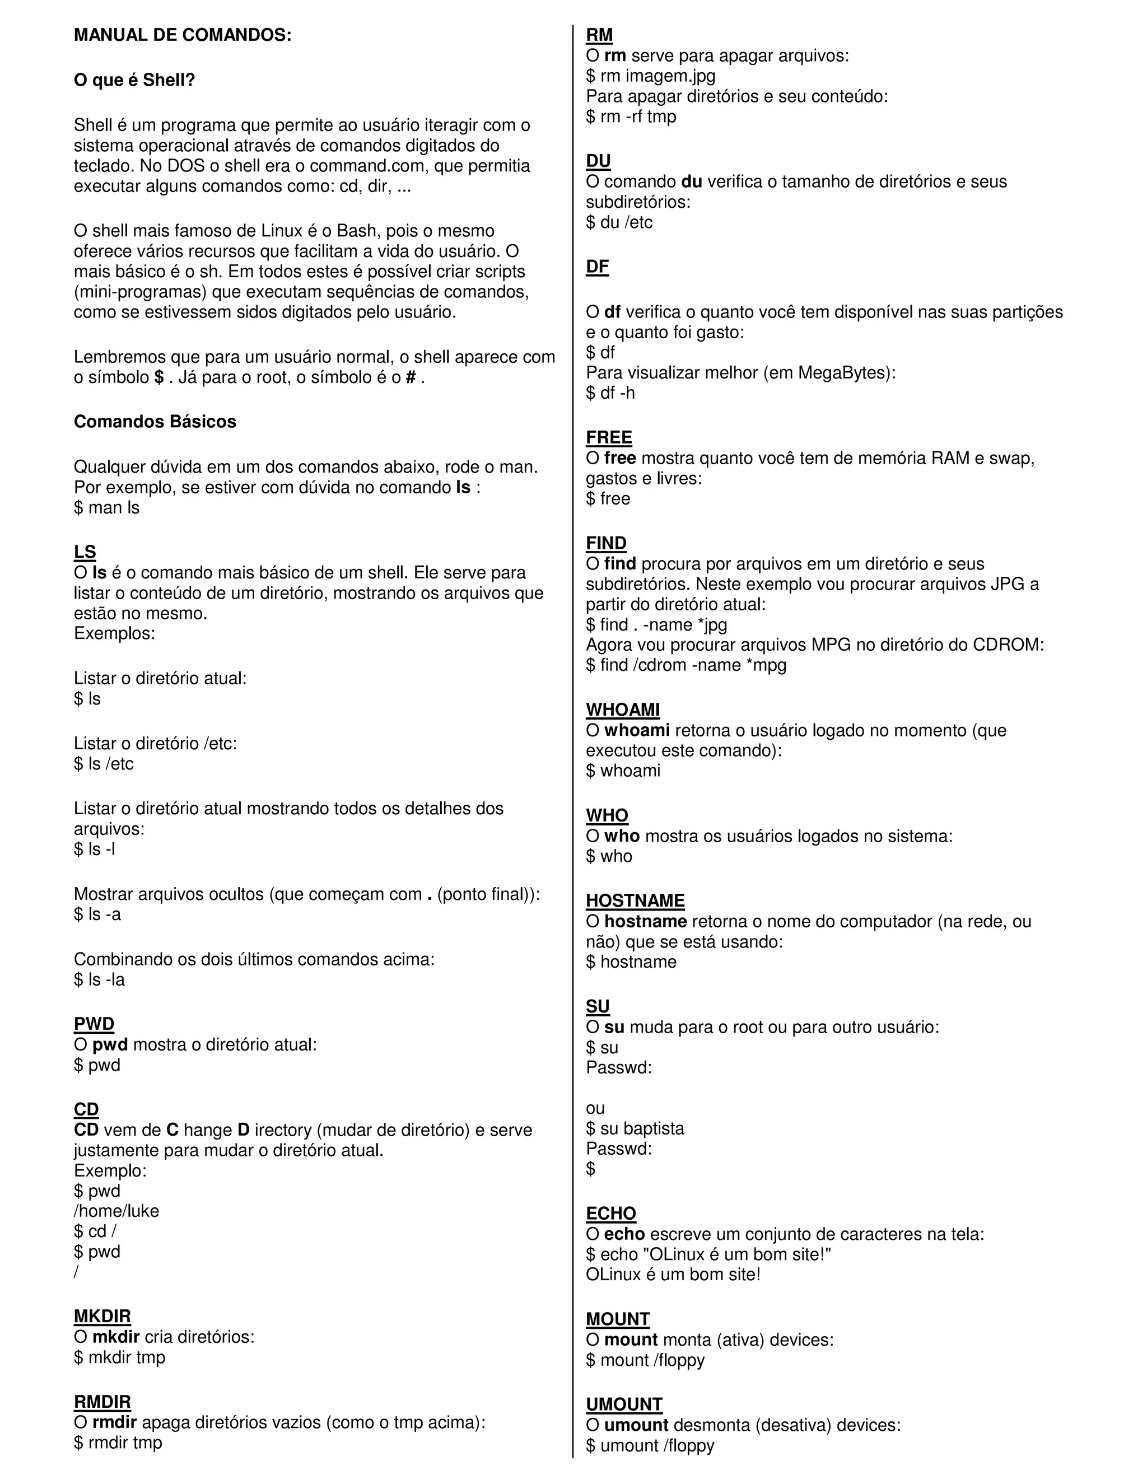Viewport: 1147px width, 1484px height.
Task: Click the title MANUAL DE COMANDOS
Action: [x=182, y=35]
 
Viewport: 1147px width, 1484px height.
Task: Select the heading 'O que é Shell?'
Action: [x=134, y=80]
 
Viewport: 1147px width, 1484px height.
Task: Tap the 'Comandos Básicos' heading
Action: [x=155, y=422]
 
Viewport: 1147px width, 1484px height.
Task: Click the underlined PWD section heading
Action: [x=94, y=1024]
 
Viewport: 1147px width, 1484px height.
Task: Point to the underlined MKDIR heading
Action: [x=102, y=1317]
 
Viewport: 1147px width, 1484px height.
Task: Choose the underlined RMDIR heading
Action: [x=102, y=1402]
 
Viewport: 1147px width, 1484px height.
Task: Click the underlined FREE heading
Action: [x=609, y=437]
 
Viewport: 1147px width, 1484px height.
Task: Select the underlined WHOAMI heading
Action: [x=622, y=710]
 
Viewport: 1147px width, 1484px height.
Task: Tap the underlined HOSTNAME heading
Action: [x=635, y=901]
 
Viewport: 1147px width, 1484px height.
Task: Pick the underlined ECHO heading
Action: [x=611, y=1214]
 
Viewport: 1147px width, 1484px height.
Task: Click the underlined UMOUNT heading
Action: [x=624, y=1404]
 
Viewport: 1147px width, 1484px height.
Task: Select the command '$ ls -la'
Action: [x=99, y=980]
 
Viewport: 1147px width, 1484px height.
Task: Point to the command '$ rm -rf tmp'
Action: [x=631, y=117]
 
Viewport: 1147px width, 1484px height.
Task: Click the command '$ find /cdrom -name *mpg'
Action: [x=686, y=665]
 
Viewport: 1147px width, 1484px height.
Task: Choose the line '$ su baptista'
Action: [x=635, y=1128]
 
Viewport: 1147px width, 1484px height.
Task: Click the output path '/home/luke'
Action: [x=116, y=1211]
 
